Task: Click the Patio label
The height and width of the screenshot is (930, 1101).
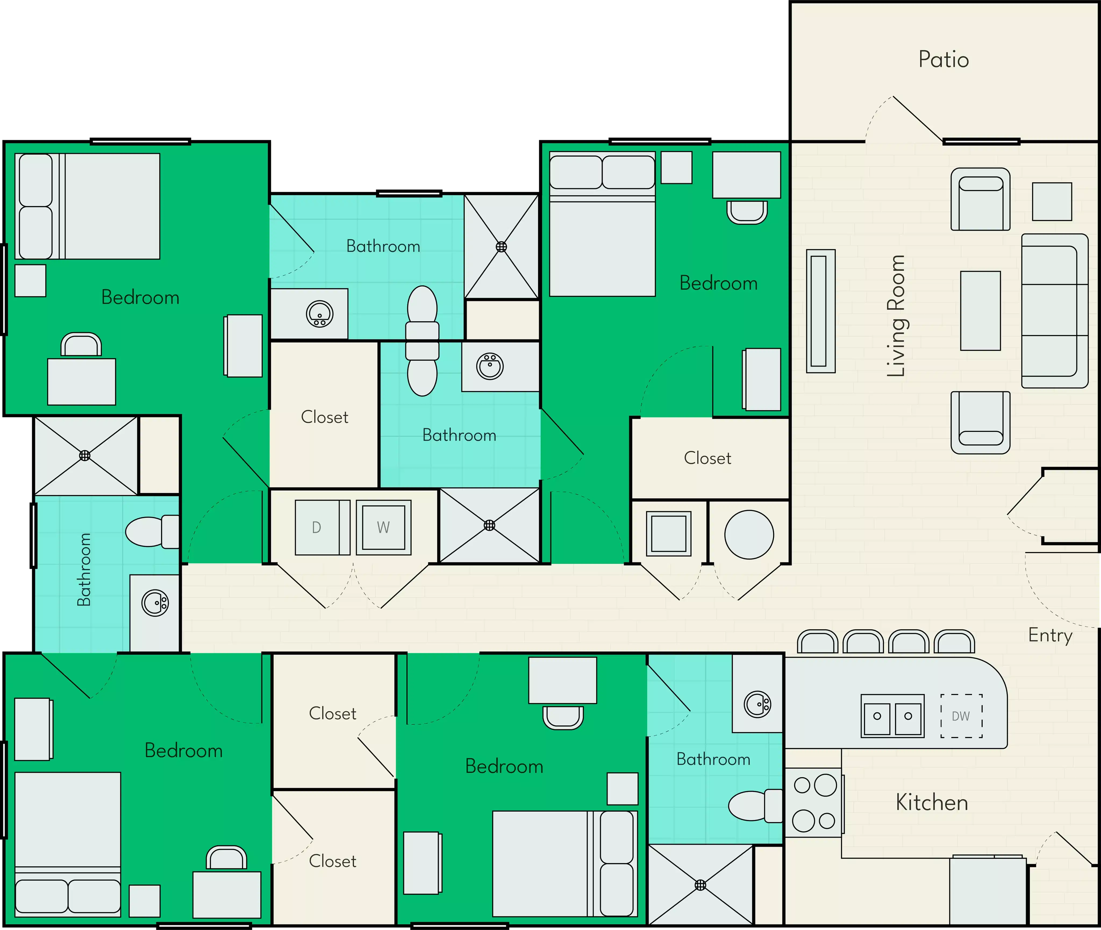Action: click(x=943, y=60)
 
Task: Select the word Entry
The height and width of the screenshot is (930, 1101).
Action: click(x=1050, y=635)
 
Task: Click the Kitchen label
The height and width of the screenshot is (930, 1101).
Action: click(x=932, y=802)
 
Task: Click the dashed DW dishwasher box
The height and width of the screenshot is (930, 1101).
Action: click(x=961, y=716)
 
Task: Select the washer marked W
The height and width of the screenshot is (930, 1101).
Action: click(x=383, y=527)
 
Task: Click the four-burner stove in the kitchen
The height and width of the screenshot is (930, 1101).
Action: click(x=814, y=802)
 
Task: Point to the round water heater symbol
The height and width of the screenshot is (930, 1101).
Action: click(x=749, y=534)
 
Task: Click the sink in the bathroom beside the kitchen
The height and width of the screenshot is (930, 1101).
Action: click(x=757, y=704)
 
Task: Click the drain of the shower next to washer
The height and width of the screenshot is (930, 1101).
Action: click(x=489, y=525)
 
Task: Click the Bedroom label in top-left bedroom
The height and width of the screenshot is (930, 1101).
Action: click(x=140, y=297)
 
